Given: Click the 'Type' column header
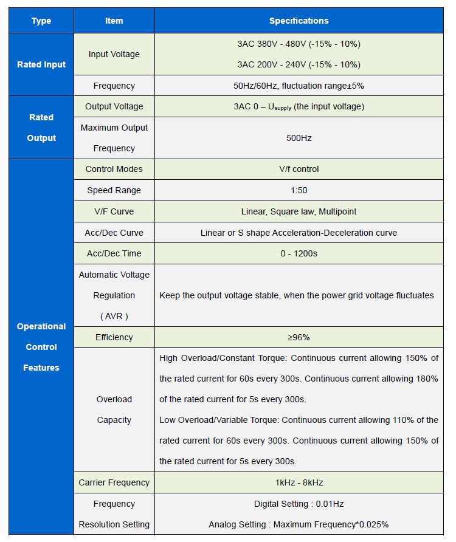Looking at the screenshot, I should click(41, 21).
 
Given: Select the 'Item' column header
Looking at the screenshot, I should click(114, 21).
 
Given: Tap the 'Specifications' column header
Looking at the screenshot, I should click(299, 21).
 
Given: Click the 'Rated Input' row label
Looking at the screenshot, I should click(41, 64).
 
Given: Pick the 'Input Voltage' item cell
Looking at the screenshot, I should click(114, 54).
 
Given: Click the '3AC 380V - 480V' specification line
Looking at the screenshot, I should click(299, 44).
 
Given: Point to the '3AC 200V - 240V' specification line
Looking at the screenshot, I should click(299, 64).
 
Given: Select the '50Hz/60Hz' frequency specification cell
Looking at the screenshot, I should click(299, 86).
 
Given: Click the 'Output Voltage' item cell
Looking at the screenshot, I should click(114, 106).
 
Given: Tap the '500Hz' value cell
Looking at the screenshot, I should click(299, 138).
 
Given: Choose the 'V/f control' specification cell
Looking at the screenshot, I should click(299, 169).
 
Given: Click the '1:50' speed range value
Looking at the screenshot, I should click(299, 190).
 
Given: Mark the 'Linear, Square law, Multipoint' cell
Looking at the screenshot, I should click(299, 211).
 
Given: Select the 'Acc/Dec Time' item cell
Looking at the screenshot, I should click(114, 253).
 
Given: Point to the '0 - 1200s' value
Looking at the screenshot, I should click(299, 253).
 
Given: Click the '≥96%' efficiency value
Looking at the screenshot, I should click(299, 337).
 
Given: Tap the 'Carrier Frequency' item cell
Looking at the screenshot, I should click(114, 482).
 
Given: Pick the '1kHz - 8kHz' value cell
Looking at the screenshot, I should click(299, 482).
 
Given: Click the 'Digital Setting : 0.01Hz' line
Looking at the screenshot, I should click(299, 504).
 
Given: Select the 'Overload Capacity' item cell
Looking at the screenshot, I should click(114, 410).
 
